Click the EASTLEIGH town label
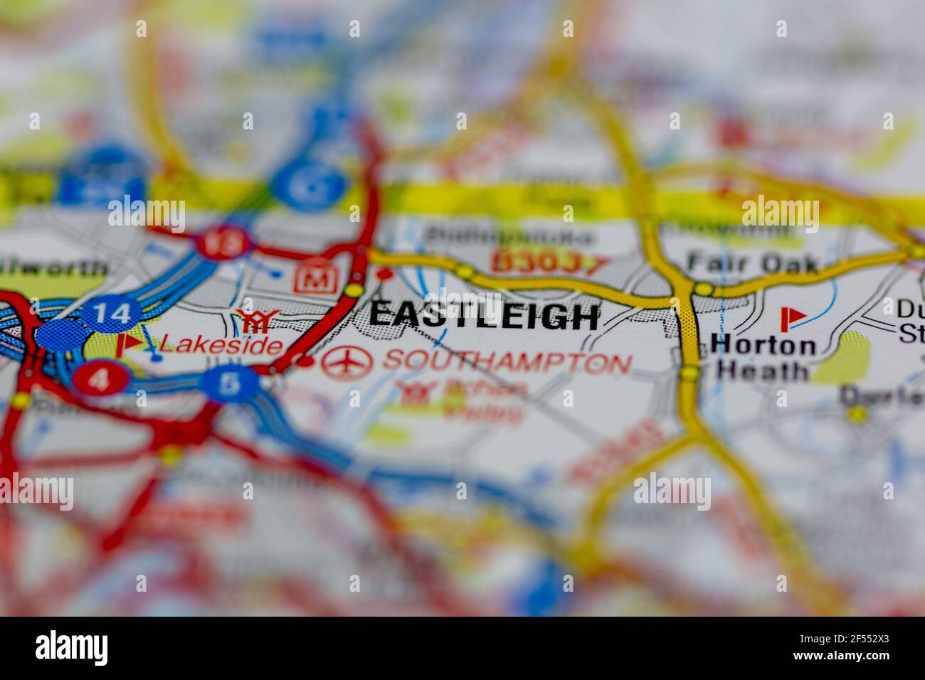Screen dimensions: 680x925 [483, 317]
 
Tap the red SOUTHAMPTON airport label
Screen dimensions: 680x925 [507, 363]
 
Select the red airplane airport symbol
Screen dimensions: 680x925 [347, 363]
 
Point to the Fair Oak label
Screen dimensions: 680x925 [753, 263]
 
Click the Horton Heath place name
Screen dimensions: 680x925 [763, 358]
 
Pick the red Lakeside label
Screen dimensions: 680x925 [221, 346]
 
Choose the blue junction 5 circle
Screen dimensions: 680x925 [230, 384]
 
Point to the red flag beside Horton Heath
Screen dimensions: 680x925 [790, 319]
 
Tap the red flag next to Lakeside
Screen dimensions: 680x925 [127, 344]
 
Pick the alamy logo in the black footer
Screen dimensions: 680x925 [72, 648]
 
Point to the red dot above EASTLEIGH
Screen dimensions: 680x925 [385, 274]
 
